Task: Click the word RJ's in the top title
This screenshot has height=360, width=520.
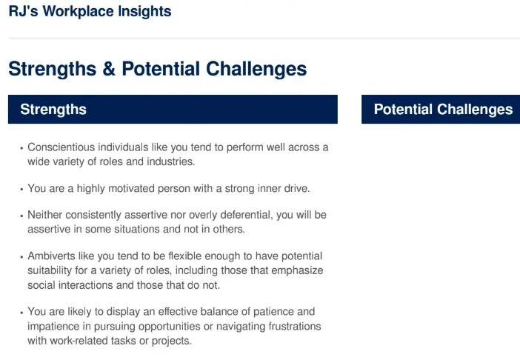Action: (x=22, y=12)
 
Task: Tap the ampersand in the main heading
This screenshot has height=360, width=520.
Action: (x=109, y=69)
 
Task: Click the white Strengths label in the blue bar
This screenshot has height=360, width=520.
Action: (x=53, y=110)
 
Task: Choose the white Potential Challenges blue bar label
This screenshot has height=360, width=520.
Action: (x=443, y=110)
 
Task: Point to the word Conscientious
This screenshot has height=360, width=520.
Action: (x=62, y=147)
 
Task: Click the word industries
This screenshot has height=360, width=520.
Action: (x=173, y=161)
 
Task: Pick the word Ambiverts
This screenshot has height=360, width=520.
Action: (x=52, y=256)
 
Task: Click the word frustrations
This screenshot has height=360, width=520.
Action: (x=290, y=326)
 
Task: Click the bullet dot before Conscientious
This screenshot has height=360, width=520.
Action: (x=21, y=148)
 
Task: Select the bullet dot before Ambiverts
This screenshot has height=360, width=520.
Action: (x=21, y=257)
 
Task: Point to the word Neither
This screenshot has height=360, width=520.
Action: (x=46, y=215)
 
